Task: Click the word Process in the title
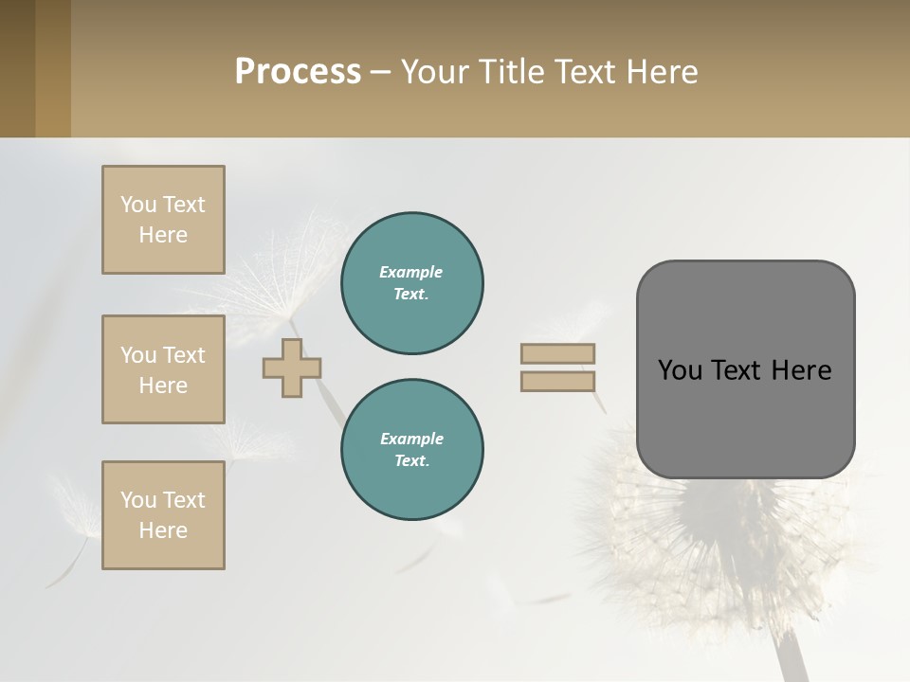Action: click(x=298, y=72)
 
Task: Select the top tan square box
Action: click(x=163, y=220)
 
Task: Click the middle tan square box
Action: click(x=163, y=369)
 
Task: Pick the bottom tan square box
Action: click(x=163, y=515)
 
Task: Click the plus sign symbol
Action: click(x=292, y=368)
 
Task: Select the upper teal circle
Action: click(x=412, y=283)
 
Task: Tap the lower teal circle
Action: click(x=412, y=450)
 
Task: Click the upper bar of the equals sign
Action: click(x=558, y=353)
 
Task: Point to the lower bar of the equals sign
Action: click(x=558, y=382)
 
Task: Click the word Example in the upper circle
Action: click(x=411, y=272)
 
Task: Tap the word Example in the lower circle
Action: click(x=411, y=439)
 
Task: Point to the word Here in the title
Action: click(x=663, y=72)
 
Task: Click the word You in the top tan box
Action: click(x=137, y=205)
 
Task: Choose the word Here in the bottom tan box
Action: click(x=163, y=530)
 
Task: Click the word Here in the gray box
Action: click(x=801, y=370)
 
